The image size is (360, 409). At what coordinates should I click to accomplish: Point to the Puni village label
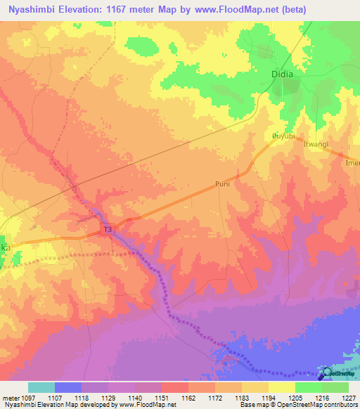pos(223,184)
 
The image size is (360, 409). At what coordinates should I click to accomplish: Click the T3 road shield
pos(108,230)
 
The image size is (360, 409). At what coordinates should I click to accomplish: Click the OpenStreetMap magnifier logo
pos(325,373)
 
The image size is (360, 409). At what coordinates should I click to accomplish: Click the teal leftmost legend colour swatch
pos(41,387)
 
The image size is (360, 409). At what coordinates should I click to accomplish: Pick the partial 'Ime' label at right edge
pos(351,163)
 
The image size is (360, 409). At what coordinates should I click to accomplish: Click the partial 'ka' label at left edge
pos(4,247)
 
